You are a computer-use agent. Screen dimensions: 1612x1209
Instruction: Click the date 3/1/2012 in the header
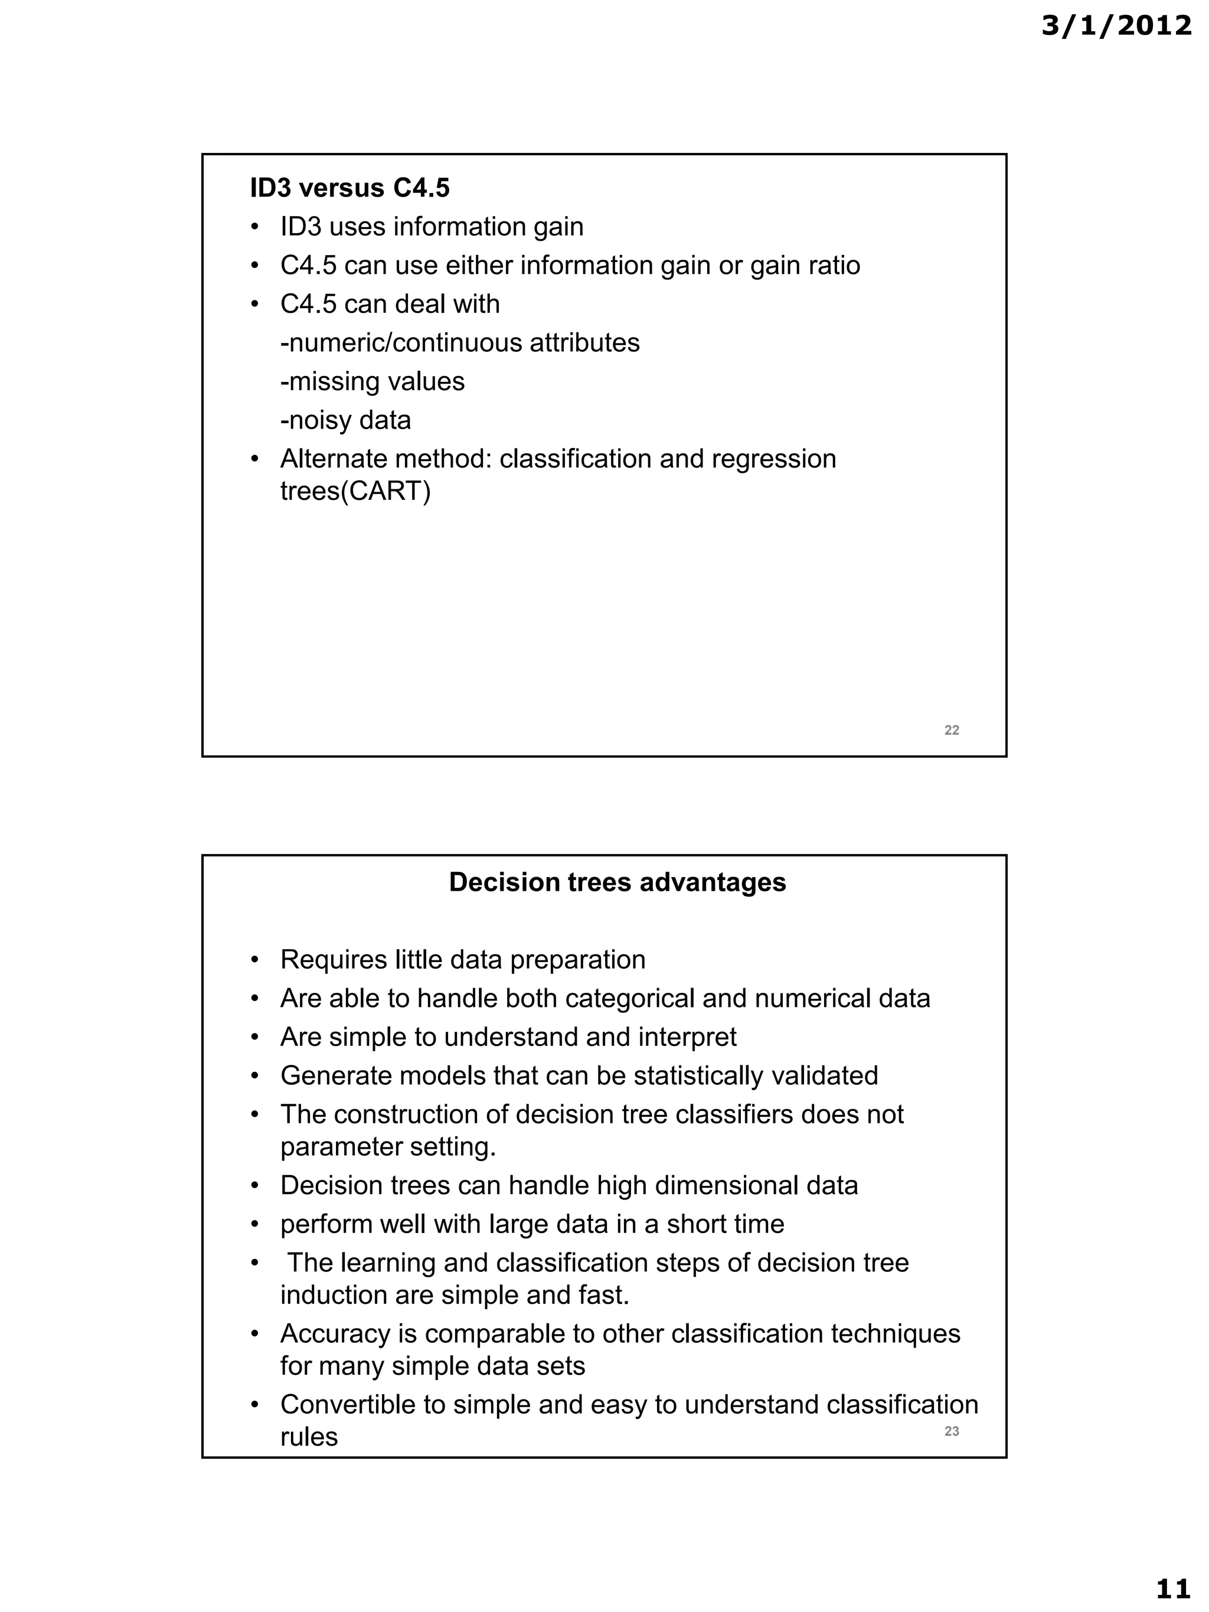point(1116,26)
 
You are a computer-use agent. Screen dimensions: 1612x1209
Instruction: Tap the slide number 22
point(951,730)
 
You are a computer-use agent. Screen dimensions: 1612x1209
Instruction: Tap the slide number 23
point(951,1431)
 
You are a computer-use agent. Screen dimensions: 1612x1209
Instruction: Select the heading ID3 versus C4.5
point(350,188)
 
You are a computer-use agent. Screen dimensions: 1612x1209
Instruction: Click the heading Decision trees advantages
point(617,882)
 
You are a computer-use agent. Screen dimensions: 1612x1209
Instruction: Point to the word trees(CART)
point(355,492)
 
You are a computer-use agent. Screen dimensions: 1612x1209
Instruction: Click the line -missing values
point(372,382)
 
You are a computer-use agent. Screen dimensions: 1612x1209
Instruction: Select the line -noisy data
point(345,420)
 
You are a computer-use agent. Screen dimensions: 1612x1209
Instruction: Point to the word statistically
point(698,1075)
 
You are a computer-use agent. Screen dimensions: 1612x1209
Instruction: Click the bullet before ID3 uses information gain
point(255,227)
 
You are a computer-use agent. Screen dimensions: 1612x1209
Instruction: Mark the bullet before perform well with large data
point(255,1224)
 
